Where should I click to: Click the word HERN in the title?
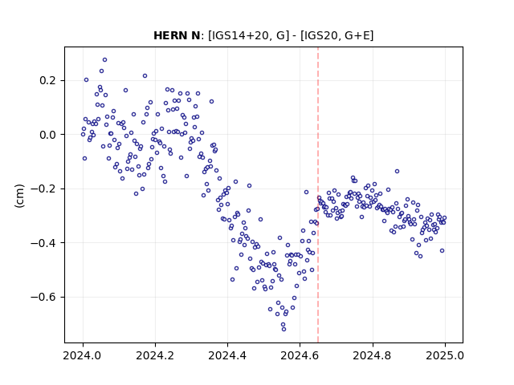(x=170, y=35)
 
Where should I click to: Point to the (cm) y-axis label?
(x=19, y=196)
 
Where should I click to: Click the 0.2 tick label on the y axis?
(x=47, y=80)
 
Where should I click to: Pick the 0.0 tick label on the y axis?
(x=47, y=135)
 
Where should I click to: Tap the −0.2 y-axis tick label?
(x=43, y=189)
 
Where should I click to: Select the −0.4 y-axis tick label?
(x=43, y=243)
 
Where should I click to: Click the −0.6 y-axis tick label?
(x=43, y=298)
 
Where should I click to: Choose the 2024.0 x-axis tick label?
(x=83, y=355)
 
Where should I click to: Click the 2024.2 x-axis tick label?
(x=155, y=355)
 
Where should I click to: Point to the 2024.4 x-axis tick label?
(x=227, y=355)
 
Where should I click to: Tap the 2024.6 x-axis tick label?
(x=300, y=355)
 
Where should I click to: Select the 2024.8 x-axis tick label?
(x=373, y=355)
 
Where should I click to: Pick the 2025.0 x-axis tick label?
(x=445, y=355)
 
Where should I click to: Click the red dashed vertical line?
(x=318, y=195)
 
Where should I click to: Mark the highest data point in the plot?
(x=105, y=60)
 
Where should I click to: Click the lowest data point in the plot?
(x=284, y=330)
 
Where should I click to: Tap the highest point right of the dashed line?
(x=397, y=171)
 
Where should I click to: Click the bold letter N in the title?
(x=194, y=35)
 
